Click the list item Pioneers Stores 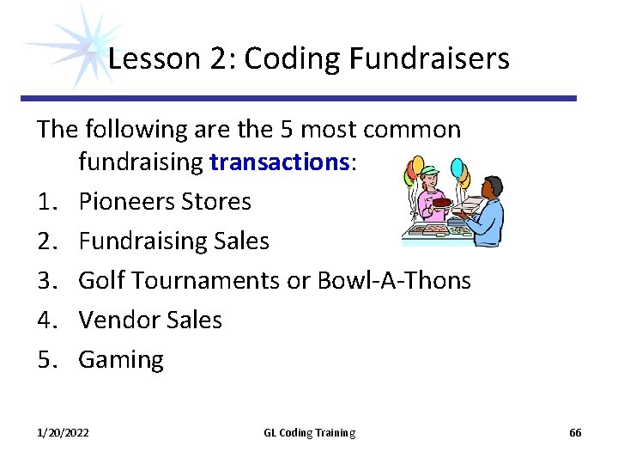pyautogui.click(x=165, y=202)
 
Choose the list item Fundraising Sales pyautogui.click(x=173, y=241)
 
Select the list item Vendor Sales pyautogui.click(x=150, y=320)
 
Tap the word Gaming pyautogui.click(x=121, y=359)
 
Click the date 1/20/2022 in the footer pyautogui.click(x=63, y=433)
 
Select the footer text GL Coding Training pyautogui.click(x=309, y=433)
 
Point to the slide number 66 pyautogui.click(x=575, y=433)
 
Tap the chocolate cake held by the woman pyautogui.click(x=442, y=203)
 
